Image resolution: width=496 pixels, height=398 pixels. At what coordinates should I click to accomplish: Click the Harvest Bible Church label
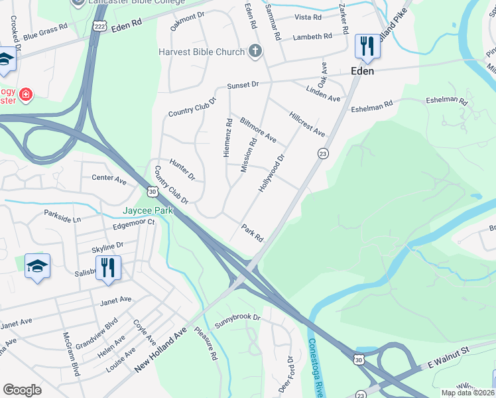[x=201, y=52]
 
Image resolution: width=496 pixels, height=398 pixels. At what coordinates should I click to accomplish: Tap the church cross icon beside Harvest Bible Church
[x=255, y=51]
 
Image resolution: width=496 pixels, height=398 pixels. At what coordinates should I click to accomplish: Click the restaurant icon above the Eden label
[x=366, y=46]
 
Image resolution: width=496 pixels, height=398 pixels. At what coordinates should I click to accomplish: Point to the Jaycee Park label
[x=147, y=210]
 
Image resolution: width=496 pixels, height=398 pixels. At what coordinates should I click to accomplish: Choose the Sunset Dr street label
[x=243, y=85]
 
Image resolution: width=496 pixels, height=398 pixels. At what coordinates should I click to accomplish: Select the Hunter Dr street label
[x=182, y=169]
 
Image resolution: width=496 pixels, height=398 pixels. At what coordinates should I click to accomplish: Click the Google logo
[x=22, y=390]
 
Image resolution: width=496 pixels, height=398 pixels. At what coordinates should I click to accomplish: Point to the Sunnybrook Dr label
[x=237, y=317]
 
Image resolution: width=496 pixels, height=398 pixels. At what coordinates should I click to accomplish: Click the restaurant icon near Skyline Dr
[x=107, y=268]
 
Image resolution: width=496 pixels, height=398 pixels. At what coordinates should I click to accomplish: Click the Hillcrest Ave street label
[x=308, y=123]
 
